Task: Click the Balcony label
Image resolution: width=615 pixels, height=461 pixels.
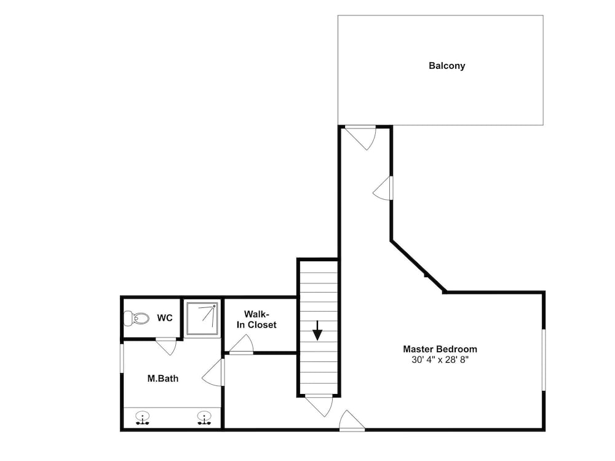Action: (446, 66)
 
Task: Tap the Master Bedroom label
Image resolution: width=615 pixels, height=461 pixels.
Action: (440, 349)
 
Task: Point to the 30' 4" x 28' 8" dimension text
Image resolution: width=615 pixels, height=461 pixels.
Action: (440, 360)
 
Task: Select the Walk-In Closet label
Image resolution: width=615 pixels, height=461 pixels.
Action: (256, 319)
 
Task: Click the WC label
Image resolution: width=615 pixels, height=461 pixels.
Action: (165, 318)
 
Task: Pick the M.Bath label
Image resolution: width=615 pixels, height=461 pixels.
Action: (163, 378)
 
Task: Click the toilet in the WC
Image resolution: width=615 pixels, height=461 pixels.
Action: (136, 318)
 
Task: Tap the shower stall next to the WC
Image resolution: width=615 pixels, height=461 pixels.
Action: (202, 319)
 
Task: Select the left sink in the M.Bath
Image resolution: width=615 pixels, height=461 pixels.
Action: (142, 418)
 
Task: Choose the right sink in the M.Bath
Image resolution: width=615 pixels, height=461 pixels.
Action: (204, 418)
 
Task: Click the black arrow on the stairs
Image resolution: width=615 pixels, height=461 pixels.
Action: (317, 331)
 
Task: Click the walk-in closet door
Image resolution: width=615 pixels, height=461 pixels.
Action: (241, 345)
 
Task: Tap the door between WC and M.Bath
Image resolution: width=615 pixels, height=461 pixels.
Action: (166, 346)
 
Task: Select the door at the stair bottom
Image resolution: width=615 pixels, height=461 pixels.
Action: (319, 405)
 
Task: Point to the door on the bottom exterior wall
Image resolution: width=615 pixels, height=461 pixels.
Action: (352, 420)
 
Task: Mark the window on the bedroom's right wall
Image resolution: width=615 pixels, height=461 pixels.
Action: (544, 360)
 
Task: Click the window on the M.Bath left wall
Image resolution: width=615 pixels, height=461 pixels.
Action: (122, 358)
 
